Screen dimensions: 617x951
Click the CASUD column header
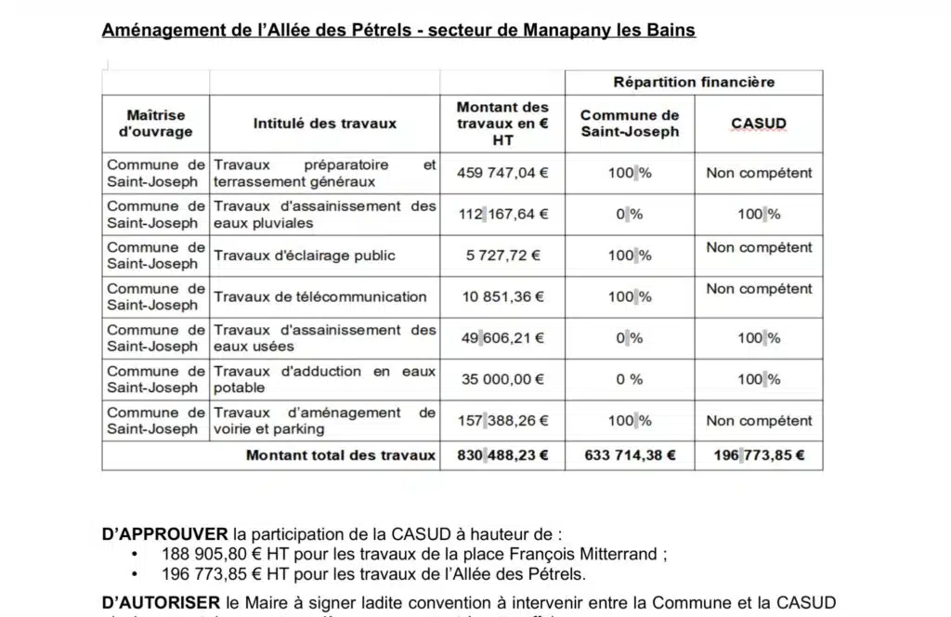[x=758, y=123]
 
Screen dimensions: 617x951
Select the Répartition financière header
[x=694, y=82]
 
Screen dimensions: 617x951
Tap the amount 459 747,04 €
[x=502, y=173]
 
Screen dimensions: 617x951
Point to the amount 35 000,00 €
[x=502, y=379]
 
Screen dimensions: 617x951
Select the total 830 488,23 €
[x=502, y=455]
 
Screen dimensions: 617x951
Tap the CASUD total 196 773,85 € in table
[x=759, y=455]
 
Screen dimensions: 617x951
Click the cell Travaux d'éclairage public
[x=305, y=256]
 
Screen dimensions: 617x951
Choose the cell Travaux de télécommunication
[x=320, y=296]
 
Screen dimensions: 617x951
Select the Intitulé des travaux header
[x=325, y=123]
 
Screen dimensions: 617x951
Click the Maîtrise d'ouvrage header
[x=156, y=123]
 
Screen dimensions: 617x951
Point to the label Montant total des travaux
[x=340, y=455]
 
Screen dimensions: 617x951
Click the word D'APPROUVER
[x=164, y=534]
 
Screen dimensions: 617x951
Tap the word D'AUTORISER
[x=161, y=602]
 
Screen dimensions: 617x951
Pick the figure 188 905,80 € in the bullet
[x=195, y=554]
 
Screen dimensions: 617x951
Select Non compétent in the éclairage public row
[x=759, y=247]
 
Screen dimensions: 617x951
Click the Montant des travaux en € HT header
[x=502, y=123]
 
